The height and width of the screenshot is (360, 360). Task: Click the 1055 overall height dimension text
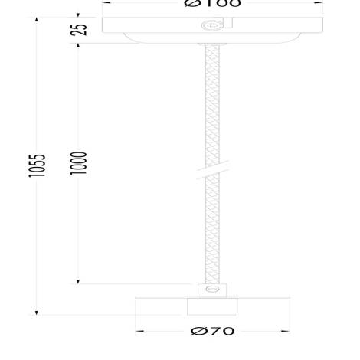(x=38, y=165)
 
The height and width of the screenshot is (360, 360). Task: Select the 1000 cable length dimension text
(x=79, y=163)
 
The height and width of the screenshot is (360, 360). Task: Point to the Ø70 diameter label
(x=212, y=331)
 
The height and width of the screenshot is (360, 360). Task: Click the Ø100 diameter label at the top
(x=212, y=3)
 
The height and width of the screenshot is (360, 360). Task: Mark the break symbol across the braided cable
(x=212, y=170)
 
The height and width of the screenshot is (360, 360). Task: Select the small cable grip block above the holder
(x=212, y=290)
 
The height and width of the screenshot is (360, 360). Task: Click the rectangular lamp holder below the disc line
(x=212, y=306)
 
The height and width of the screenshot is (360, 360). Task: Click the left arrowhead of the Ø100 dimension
(x=106, y=2)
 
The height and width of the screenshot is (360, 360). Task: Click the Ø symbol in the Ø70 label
(x=197, y=331)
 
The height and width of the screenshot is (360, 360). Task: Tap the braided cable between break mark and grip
(x=212, y=230)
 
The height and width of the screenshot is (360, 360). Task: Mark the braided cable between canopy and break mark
(x=212, y=100)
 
